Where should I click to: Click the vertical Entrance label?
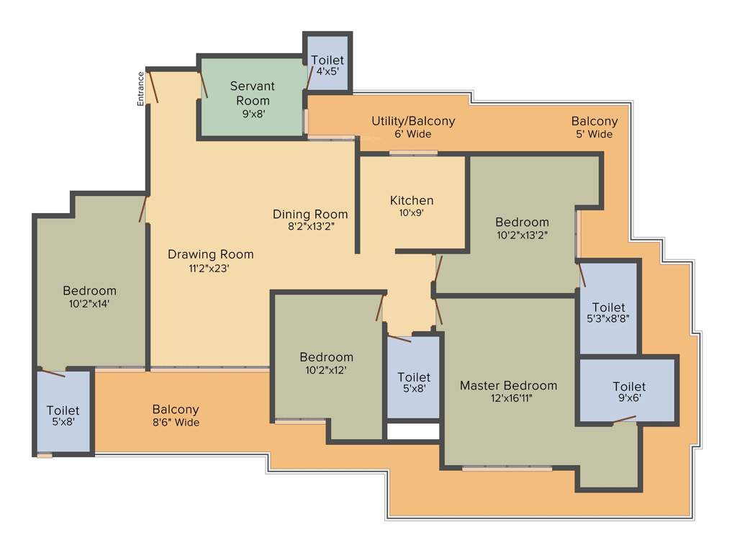click(142, 89)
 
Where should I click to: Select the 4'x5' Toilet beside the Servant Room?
click(327, 66)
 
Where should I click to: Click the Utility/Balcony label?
click(413, 121)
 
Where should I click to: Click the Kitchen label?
click(412, 200)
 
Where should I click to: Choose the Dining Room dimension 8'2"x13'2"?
click(309, 225)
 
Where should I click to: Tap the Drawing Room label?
click(211, 254)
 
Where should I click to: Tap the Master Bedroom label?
click(508, 385)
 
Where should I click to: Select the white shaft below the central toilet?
click(413, 431)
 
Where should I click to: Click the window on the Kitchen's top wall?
click(413, 153)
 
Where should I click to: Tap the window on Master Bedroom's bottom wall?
click(507, 469)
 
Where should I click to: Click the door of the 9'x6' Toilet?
click(623, 420)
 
